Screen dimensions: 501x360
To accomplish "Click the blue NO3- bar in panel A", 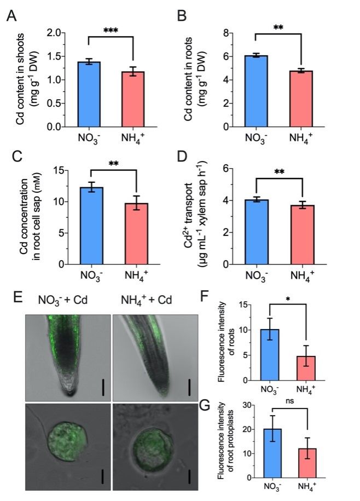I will click(x=89, y=94).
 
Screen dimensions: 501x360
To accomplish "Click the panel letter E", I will click(x=18, y=298).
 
